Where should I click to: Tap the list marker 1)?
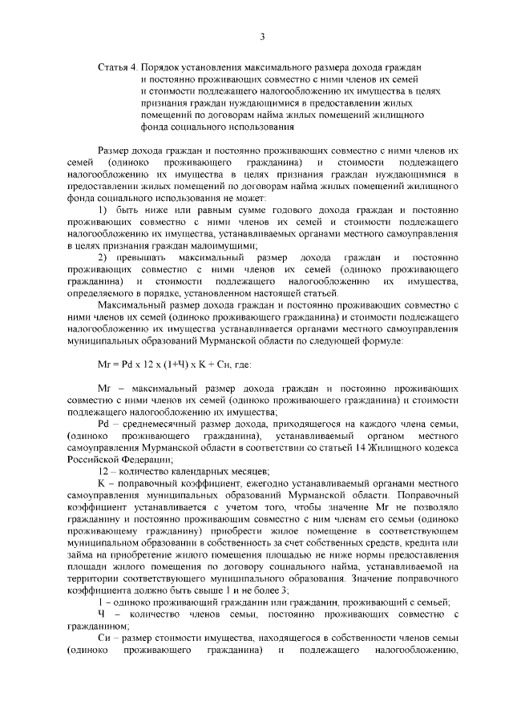pos(103,210)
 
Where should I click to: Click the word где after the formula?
pos(242,365)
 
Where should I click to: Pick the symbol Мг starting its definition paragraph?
pos(103,388)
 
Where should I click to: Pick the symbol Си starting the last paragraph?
pos(103,638)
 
